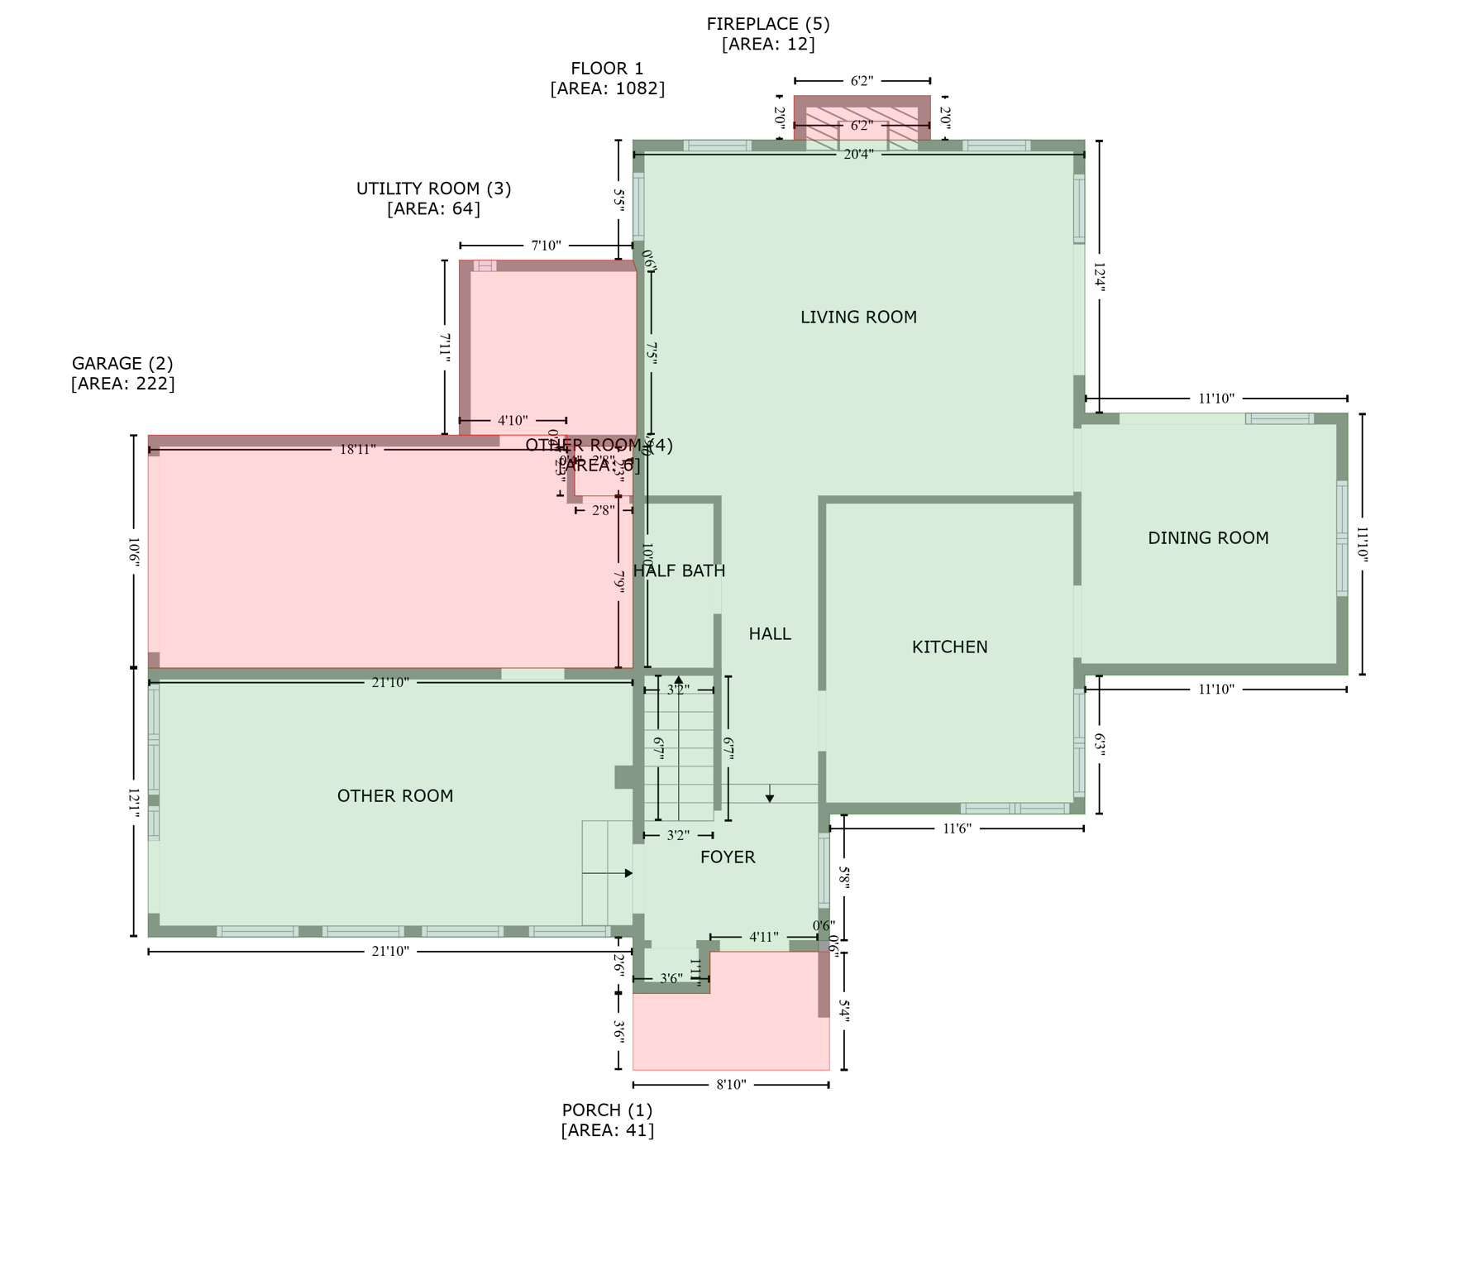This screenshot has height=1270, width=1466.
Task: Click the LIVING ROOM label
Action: pos(858,317)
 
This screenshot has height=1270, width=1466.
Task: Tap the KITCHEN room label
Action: pos(949,647)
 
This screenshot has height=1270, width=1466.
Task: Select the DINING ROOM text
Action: pos(1208,537)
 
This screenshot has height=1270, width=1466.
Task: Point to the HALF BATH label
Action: pos(679,571)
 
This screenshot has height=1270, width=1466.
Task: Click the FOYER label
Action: pos(728,857)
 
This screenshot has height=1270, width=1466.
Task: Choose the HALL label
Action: pos(770,633)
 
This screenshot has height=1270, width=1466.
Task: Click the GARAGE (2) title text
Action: pos(122,363)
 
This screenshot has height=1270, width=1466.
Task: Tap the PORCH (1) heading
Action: pos(607,1110)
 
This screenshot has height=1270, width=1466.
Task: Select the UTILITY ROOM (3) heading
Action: pos(433,189)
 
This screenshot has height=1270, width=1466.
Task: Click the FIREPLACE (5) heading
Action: pos(767,24)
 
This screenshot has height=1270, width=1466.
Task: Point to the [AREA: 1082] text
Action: pos(607,88)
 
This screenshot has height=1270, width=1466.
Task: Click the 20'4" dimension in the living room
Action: pos(858,154)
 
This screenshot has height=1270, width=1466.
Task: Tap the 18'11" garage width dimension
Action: pos(357,449)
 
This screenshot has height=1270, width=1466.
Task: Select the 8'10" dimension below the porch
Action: pos(731,1084)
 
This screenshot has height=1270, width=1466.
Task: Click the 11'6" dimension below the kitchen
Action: pos(957,828)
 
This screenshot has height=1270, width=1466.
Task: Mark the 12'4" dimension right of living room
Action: pos(1099,278)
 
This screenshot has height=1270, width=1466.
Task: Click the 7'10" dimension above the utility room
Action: pos(546,246)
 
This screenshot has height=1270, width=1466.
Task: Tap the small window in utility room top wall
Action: pos(485,265)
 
